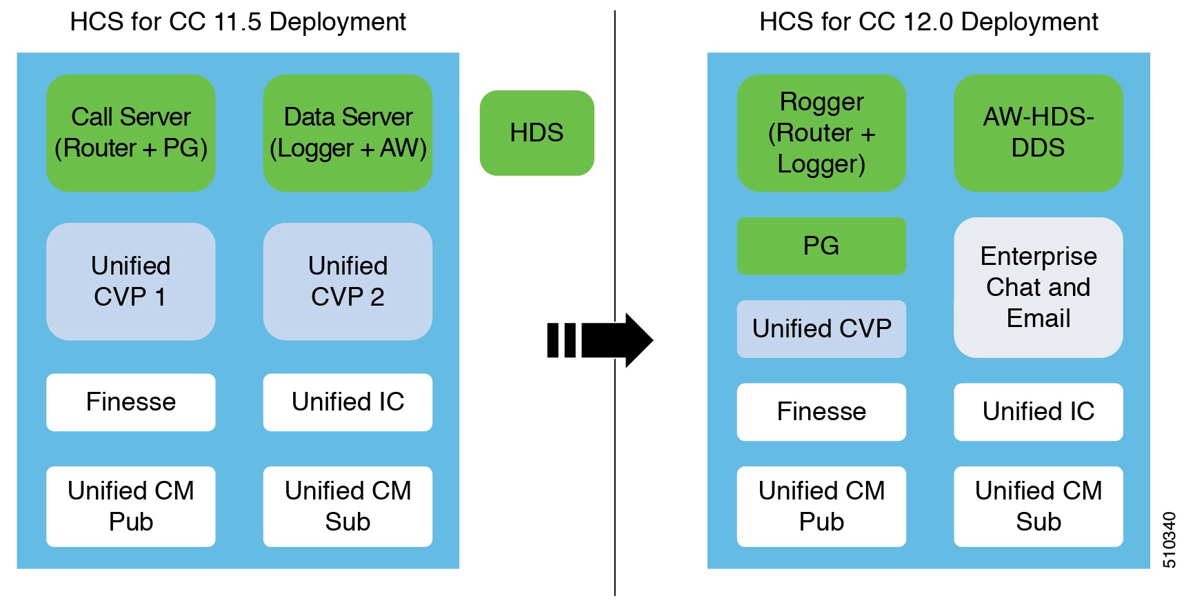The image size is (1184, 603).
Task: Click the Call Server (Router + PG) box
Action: click(130, 132)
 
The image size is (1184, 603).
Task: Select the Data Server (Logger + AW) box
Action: click(348, 132)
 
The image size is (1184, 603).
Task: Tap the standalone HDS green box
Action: click(536, 132)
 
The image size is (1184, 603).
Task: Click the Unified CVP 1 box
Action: click(130, 281)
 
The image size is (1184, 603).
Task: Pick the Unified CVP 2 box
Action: click(348, 281)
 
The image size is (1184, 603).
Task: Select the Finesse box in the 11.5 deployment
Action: click(130, 402)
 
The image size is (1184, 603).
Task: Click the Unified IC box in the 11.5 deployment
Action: click(348, 402)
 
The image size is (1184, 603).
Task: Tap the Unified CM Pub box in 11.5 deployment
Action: click(130, 506)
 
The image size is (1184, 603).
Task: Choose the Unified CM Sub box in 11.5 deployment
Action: click(348, 506)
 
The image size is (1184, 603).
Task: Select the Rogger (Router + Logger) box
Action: click(821, 132)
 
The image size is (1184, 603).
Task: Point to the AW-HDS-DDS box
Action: click(1038, 132)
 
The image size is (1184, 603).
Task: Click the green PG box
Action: click(821, 246)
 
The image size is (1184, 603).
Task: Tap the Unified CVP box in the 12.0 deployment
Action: click(821, 328)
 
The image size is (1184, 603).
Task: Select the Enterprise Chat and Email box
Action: click(1038, 287)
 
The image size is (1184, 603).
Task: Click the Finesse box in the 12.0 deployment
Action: click(821, 412)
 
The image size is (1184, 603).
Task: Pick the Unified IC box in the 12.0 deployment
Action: click(1038, 412)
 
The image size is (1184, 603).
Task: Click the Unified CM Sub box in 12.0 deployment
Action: click(1038, 506)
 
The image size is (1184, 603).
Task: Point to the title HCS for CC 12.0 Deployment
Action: click(928, 22)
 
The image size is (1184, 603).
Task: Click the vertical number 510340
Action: click(1169, 540)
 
